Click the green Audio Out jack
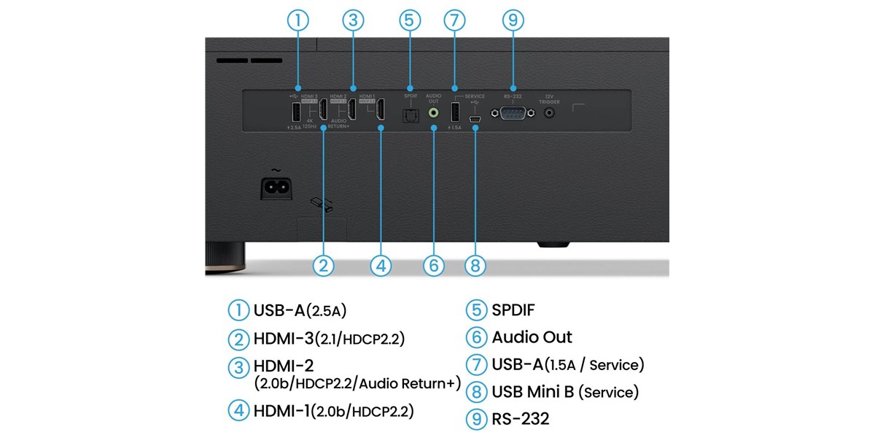(x=434, y=113)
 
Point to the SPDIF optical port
(x=409, y=115)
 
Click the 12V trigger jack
(x=550, y=113)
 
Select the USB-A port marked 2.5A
(x=296, y=113)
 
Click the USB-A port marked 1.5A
(x=454, y=113)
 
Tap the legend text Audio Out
(x=532, y=337)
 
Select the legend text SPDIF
(x=513, y=310)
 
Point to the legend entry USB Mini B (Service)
(x=565, y=392)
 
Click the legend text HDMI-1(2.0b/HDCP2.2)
(x=333, y=410)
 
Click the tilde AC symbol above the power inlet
(x=276, y=169)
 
